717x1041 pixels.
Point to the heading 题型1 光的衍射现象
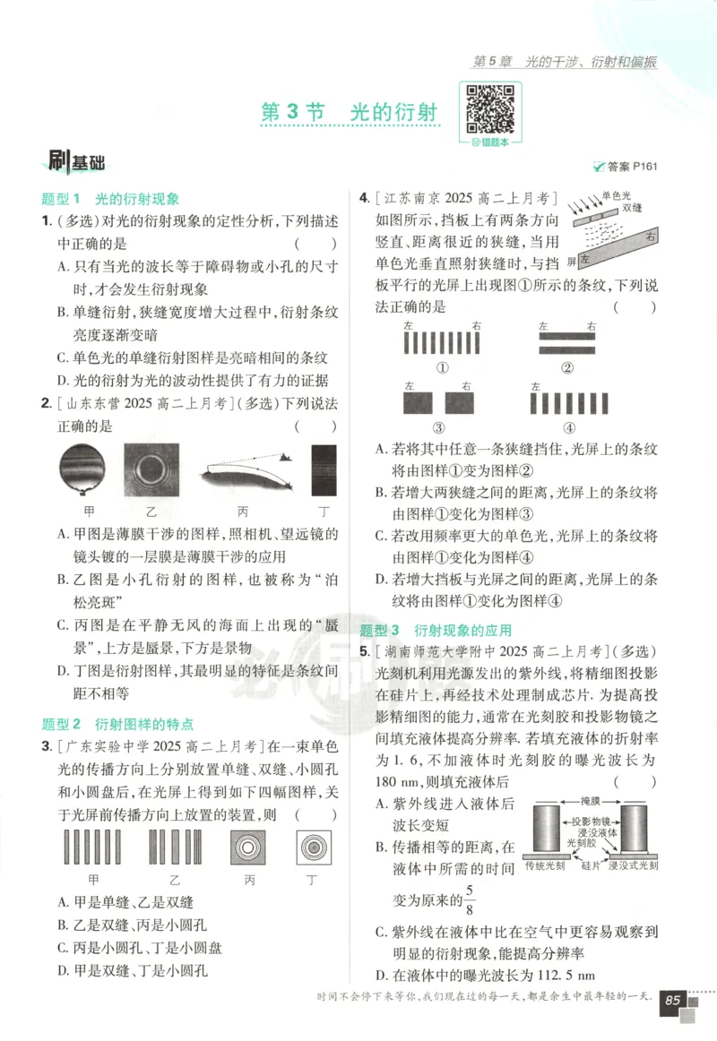[111, 199]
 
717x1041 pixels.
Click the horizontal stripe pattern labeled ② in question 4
[566, 345]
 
